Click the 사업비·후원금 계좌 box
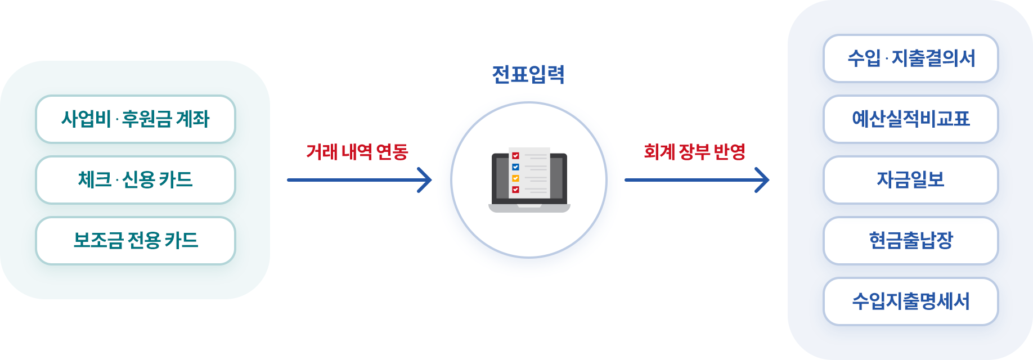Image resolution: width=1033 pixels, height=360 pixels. pos(135,119)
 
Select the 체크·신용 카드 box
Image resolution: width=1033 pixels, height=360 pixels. pos(135,180)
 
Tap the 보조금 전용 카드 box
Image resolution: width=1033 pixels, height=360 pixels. pos(135,241)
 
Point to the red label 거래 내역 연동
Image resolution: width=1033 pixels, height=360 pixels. pos(357,152)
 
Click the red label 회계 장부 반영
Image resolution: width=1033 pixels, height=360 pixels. pos(694,152)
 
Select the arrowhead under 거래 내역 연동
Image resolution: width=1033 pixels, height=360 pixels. pos(425,180)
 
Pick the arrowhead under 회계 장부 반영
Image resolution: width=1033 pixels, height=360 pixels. pos(763,180)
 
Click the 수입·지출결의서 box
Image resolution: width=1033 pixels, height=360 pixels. pos(910,58)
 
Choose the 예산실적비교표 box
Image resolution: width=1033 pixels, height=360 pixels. pos(910,119)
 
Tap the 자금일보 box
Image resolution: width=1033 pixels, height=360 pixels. pos(910,180)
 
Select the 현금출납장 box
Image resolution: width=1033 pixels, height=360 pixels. pos(910,241)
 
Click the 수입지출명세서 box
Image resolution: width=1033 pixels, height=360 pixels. pos(910,301)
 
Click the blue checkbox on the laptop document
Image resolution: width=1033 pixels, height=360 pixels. pos(515,167)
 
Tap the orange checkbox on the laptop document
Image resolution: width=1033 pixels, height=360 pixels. pos(515,178)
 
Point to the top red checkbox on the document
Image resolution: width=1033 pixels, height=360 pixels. pos(515,156)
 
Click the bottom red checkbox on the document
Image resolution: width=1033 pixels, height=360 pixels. pos(515,190)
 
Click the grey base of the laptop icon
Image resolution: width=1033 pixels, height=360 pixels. pos(529,208)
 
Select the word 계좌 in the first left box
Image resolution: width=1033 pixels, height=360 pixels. pos(192,119)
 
